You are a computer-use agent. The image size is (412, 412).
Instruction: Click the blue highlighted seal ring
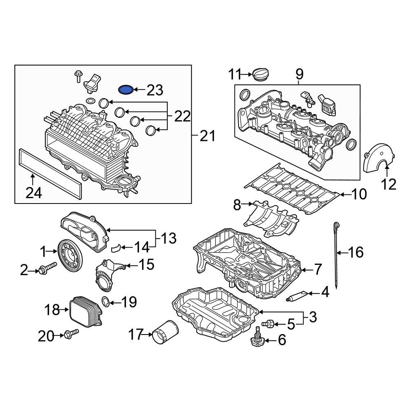click(x=126, y=89)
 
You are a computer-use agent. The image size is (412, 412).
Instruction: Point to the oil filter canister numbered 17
click(x=165, y=332)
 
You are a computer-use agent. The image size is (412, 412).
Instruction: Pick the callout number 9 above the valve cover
click(x=299, y=74)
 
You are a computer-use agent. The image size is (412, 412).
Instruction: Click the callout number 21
click(x=208, y=136)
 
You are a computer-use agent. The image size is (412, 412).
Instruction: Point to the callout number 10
click(x=358, y=194)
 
